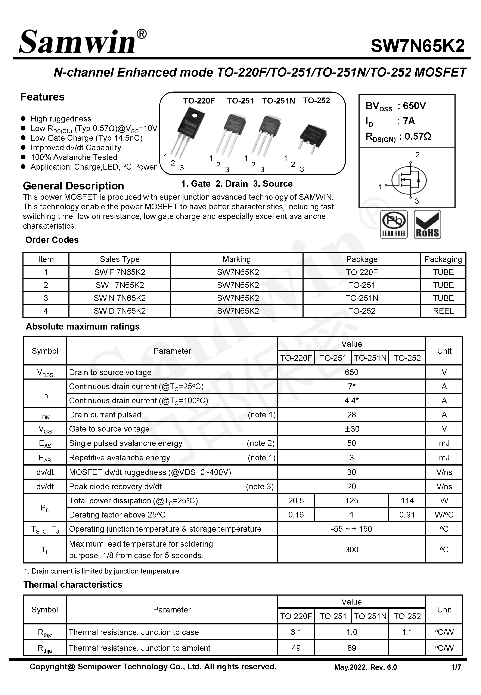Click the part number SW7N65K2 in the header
pos(418,46)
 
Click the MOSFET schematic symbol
pos(409,180)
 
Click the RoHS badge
pos(427,225)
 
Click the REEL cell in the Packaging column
pos(443,311)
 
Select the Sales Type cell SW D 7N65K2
pos(120,311)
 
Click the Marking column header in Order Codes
pos(237,259)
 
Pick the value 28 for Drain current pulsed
pos(351,415)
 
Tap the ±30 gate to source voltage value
pos(351,429)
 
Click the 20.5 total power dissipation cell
pos(296,501)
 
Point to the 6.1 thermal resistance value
pos(296,632)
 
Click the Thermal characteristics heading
pos(73,585)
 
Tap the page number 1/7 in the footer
pos(456,667)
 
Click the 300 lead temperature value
pos(351,549)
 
